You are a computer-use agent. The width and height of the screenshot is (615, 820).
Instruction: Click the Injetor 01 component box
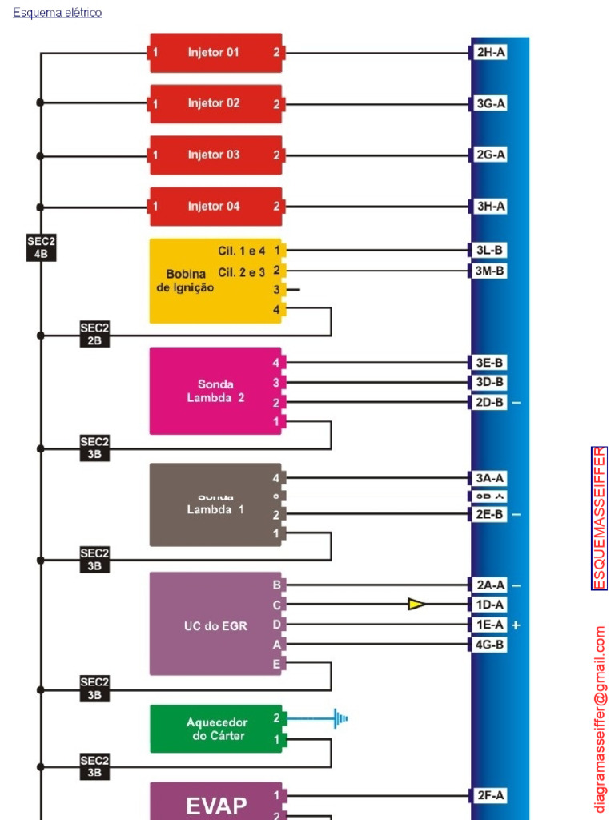point(215,53)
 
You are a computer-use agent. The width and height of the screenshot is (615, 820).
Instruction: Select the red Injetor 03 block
point(215,155)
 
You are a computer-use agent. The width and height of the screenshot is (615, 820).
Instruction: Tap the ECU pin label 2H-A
point(490,53)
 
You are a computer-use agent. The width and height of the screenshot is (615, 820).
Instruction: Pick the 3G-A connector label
point(490,104)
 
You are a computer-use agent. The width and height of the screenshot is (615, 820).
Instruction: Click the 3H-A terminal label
point(490,207)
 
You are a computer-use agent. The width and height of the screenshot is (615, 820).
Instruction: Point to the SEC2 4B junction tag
point(42,247)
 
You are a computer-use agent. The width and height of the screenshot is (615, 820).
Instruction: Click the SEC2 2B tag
point(94,334)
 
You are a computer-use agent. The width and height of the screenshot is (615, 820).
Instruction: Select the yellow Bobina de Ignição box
point(215,281)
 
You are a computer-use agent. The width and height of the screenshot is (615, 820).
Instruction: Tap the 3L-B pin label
point(490,251)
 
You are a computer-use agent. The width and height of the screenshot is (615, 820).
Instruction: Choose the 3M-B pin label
point(490,271)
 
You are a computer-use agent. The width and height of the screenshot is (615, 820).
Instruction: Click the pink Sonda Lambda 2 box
point(215,391)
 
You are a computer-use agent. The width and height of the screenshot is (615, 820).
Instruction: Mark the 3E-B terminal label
point(490,363)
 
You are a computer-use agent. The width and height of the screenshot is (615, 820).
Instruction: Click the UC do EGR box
point(215,625)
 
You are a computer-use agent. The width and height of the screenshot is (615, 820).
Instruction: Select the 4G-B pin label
point(490,644)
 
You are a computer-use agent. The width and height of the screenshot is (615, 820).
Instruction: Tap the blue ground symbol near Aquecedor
point(342,718)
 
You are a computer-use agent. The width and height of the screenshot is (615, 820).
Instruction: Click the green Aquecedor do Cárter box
point(215,729)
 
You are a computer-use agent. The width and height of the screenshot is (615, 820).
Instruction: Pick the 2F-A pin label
point(490,795)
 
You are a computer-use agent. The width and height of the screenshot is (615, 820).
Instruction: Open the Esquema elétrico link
point(58,13)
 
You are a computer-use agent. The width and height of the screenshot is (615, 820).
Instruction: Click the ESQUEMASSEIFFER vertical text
point(599,518)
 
